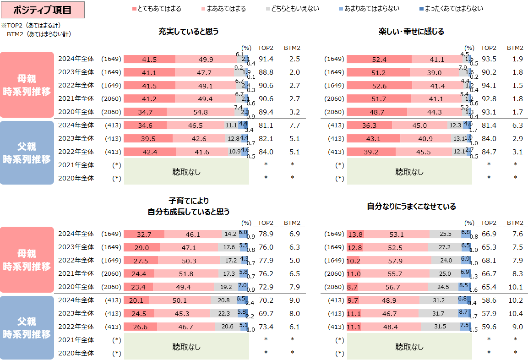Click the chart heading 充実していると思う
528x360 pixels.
pyautogui.click(x=188, y=32)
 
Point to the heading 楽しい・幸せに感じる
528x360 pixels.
pyautogui.click(x=411, y=32)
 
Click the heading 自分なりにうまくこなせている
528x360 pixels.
pyautogui.click(x=411, y=207)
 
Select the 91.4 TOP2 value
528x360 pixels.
pyautogui.click(x=266, y=59)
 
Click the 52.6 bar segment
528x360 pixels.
pyautogui.click(x=379, y=86)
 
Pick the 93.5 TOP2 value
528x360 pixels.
pyautogui.click(x=489, y=59)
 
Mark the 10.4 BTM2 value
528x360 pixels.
pyautogui.click(x=515, y=314)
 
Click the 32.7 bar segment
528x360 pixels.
pyautogui.click(x=144, y=235)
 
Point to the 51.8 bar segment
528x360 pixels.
pyautogui.click(x=186, y=274)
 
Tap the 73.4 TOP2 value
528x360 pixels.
pyautogui.click(x=266, y=327)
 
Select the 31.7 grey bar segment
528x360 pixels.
pyautogui.click(x=438, y=314)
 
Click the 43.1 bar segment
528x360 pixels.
pyautogui.click(x=373, y=139)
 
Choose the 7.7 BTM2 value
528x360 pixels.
pyautogui.click(x=292, y=125)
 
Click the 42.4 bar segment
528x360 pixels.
pyautogui.click(x=150, y=152)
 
